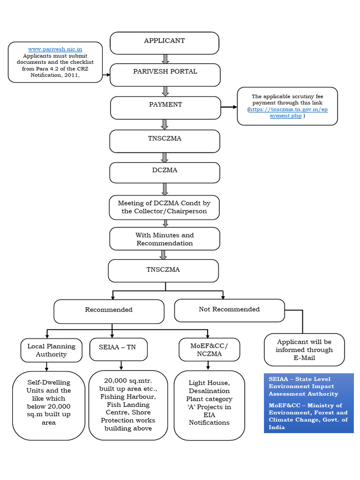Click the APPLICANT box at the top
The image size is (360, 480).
point(165,43)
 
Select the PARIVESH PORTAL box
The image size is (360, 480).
point(165,75)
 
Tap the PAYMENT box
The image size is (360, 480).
point(165,107)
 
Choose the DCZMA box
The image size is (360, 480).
point(165,172)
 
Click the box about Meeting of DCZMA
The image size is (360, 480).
point(165,207)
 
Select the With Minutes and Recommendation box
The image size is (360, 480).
point(165,239)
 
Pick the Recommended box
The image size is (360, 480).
point(109,311)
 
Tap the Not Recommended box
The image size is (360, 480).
point(229,310)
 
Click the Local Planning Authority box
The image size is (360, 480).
point(51,350)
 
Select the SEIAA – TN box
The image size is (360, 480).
point(119,349)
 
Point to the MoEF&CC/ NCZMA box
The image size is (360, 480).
point(210,350)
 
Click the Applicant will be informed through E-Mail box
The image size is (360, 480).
point(304,350)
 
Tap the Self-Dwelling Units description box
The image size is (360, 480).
point(49,405)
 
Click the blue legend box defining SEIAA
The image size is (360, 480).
point(308,403)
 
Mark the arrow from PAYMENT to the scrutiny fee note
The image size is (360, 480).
point(229,107)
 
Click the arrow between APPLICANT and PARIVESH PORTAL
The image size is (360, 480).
point(165,59)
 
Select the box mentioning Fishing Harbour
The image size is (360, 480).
point(128,405)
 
